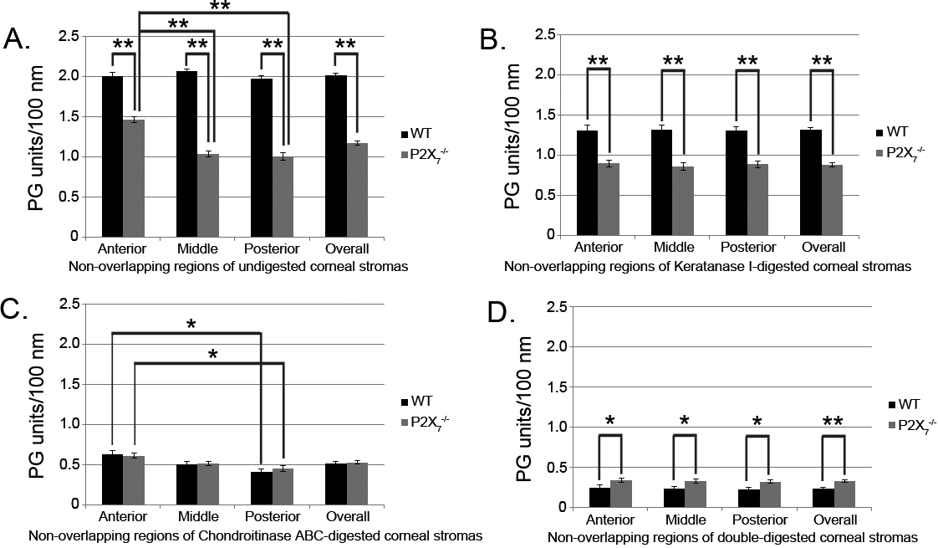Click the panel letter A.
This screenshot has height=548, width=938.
click(19, 38)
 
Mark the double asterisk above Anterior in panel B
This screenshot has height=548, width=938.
click(598, 60)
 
